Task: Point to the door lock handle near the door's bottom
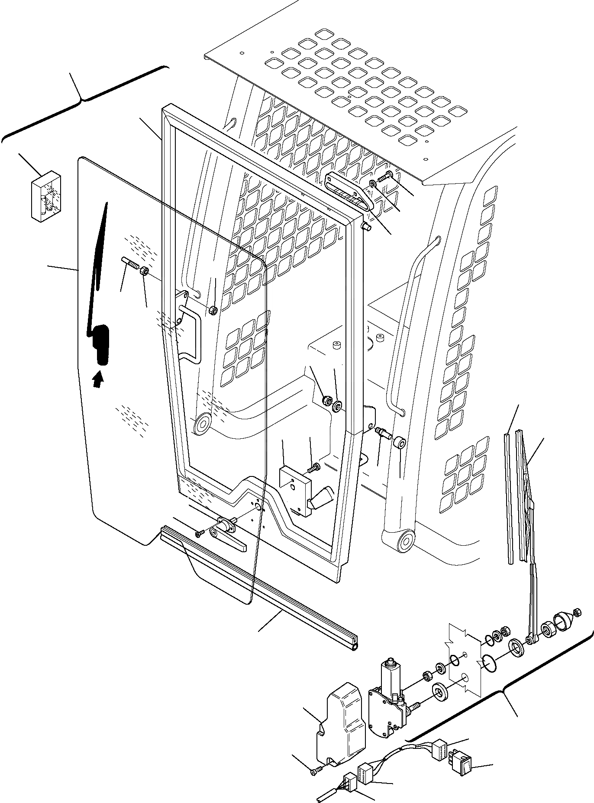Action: pyautogui.click(x=227, y=534)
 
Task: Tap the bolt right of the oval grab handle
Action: pyautogui.click(x=386, y=176)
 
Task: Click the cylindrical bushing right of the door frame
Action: pyautogui.click(x=399, y=443)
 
